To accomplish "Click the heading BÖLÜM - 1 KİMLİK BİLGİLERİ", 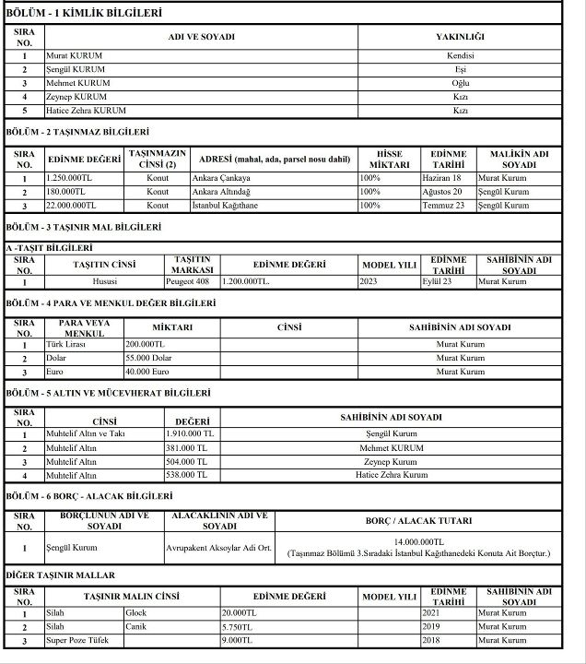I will point(84,13).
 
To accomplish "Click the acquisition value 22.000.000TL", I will point(71,206).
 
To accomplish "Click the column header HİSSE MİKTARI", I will point(389,158).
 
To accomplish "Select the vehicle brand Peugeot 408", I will point(192,281).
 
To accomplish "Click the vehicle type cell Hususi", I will point(105,281).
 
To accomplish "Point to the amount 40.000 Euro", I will point(148,372).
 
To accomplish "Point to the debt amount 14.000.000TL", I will point(419,542).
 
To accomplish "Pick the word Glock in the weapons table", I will point(136,612).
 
